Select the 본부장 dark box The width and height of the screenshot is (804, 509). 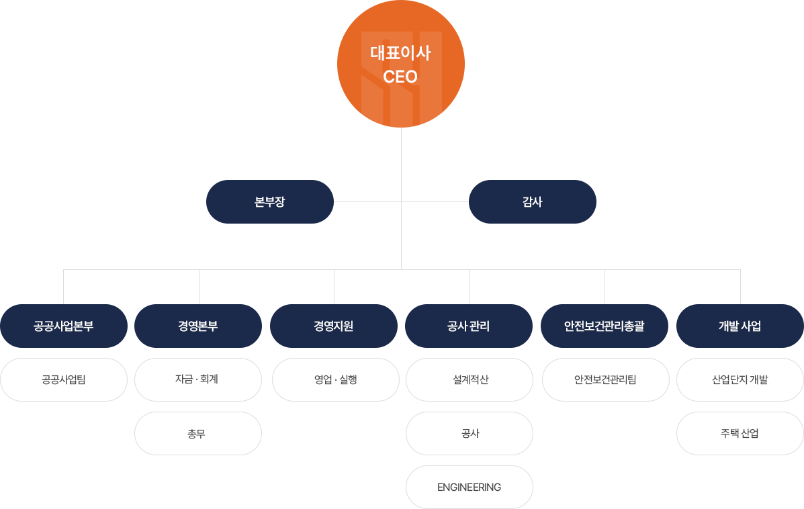270,201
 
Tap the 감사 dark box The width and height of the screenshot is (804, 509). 532,201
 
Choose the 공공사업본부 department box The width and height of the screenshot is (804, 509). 64,326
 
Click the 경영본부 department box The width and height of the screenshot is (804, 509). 198,326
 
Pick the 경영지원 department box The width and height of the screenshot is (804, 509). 334,326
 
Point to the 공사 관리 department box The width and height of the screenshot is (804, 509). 469,326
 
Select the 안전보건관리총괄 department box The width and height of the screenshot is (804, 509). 605,326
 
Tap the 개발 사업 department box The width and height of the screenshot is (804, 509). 740,326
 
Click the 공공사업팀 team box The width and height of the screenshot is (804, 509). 64,380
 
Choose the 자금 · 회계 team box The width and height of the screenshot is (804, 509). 198,380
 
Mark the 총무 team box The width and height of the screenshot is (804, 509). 198,434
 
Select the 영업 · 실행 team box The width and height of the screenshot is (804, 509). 336,380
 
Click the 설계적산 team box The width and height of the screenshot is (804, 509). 470,380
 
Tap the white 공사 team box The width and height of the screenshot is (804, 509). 470,434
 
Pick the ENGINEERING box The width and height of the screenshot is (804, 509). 470,488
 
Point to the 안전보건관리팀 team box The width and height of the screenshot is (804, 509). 605,380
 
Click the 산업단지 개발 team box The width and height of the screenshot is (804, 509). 740,380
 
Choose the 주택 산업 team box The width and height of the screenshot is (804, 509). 740,434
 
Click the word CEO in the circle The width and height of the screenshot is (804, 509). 400,77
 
